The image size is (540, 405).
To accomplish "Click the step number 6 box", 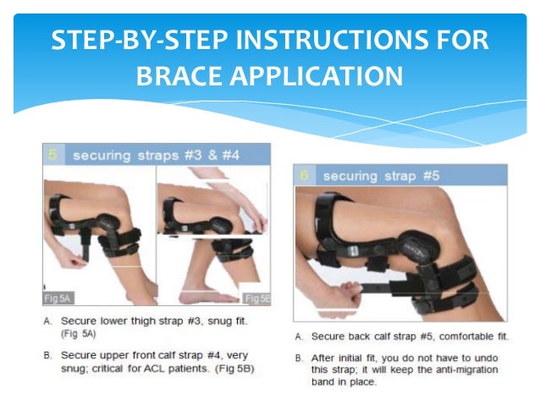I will [304, 176].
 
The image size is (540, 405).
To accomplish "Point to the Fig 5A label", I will [58, 298].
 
